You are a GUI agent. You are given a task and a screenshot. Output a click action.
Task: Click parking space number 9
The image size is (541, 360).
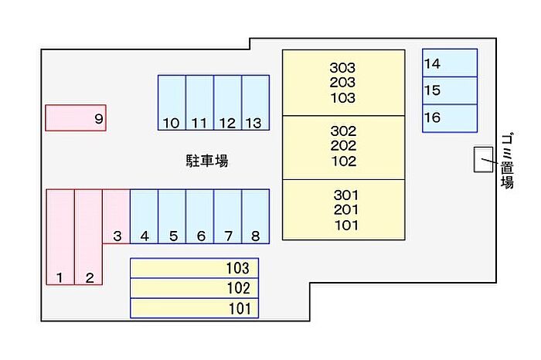(x=75, y=118)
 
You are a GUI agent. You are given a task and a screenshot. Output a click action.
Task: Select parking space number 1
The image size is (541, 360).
(x=60, y=237)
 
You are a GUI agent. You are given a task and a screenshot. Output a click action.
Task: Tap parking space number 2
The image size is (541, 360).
(x=88, y=237)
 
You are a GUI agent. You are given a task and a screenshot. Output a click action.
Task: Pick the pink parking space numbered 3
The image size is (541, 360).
(x=116, y=216)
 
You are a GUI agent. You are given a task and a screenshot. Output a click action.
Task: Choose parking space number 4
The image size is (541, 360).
(x=144, y=216)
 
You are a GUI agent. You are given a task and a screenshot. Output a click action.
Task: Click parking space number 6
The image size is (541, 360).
(x=199, y=216)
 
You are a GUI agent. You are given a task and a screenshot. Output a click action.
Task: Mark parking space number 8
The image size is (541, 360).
(x=255, y=216)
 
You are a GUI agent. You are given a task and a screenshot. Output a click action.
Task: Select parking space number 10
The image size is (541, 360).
(x=172, y=102)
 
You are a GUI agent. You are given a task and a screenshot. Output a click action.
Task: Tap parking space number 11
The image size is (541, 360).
(x=199, y=102)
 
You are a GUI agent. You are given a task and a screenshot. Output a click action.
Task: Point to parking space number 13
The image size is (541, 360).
(x=255, y=102)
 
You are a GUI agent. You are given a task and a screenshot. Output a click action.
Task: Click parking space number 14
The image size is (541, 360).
(x=449, y=63)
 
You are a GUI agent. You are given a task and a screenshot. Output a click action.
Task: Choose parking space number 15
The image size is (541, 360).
(x=449, y=90)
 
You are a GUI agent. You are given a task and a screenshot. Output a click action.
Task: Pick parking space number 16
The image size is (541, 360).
(x=449, y=118)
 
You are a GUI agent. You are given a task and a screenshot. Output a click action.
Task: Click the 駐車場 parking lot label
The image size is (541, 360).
(x=206, y=161)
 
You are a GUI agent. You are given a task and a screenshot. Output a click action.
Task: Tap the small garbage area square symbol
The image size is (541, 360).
(x=482, y=159)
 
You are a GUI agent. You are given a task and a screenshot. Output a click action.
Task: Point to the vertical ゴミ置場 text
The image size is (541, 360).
(x=507, y=161)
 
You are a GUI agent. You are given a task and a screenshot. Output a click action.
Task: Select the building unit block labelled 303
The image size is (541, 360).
(x=342, y=83)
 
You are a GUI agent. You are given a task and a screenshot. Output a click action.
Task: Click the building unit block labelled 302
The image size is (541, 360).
(x=342, y=147)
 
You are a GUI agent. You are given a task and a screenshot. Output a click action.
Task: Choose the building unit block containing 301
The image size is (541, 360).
(x=342, y=209)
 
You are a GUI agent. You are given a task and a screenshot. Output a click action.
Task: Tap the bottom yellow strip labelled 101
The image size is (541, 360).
(x=194, y=308)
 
